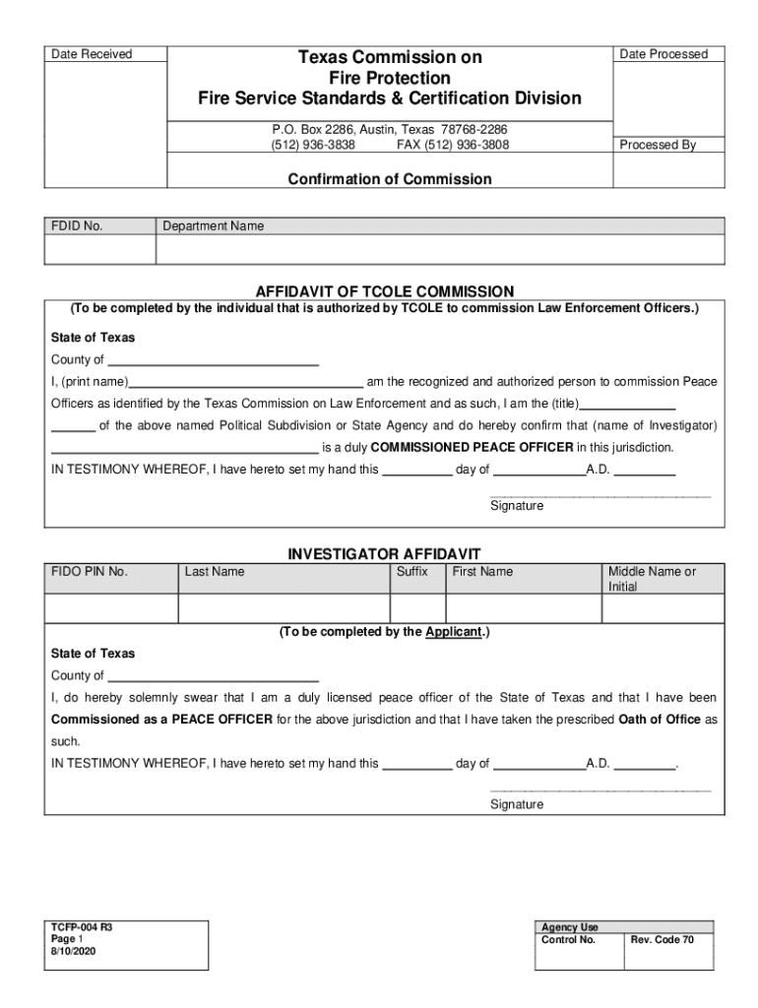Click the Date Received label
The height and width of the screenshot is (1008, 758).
92,54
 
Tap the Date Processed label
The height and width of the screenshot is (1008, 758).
663,54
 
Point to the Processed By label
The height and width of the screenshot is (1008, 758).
658,145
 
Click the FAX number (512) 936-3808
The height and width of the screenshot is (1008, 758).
453,145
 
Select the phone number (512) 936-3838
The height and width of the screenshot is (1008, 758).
313,145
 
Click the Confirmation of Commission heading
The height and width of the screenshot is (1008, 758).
389,179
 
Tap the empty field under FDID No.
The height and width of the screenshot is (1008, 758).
100,250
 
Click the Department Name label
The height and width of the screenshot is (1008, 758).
214,226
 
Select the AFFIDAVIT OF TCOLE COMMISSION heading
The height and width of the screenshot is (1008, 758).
385,291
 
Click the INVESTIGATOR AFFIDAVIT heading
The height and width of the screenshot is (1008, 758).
384,554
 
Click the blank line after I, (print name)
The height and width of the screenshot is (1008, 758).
247,382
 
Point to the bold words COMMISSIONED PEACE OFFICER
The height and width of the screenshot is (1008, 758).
472,447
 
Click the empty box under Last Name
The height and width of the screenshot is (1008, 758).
284,608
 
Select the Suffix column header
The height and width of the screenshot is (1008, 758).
412,572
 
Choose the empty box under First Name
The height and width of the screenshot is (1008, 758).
523,608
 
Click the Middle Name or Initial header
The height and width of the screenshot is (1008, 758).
652,579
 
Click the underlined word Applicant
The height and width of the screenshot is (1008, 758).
453,632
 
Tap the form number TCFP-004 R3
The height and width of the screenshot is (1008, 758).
75,927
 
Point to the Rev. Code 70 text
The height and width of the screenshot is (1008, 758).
662,940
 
